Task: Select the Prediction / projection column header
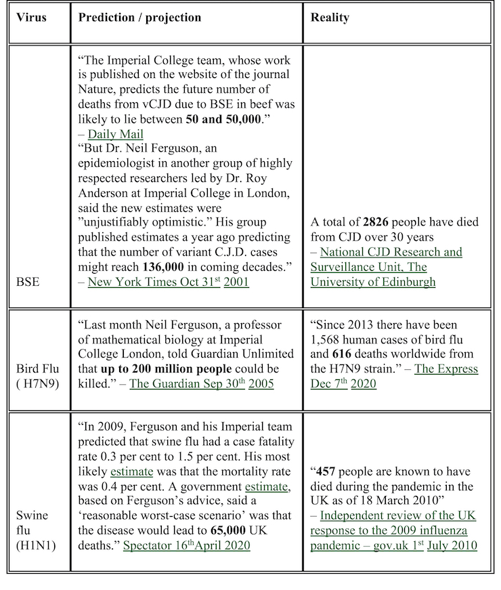point(139,18)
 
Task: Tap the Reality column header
point(330,18)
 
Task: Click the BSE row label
point(28,281)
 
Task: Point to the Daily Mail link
point(115,134)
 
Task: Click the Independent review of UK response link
point(393,530)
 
